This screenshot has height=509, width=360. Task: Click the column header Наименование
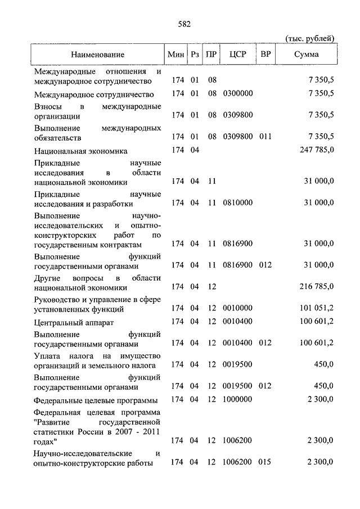[98, 55]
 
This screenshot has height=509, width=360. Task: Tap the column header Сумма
[306, 55]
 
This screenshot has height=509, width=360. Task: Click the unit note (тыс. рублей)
[310, 38]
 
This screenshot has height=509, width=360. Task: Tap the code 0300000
[237, 93]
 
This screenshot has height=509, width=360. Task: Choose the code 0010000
[237, 309]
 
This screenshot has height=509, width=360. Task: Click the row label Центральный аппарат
[66, 322]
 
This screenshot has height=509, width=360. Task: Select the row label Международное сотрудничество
[94, 93]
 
